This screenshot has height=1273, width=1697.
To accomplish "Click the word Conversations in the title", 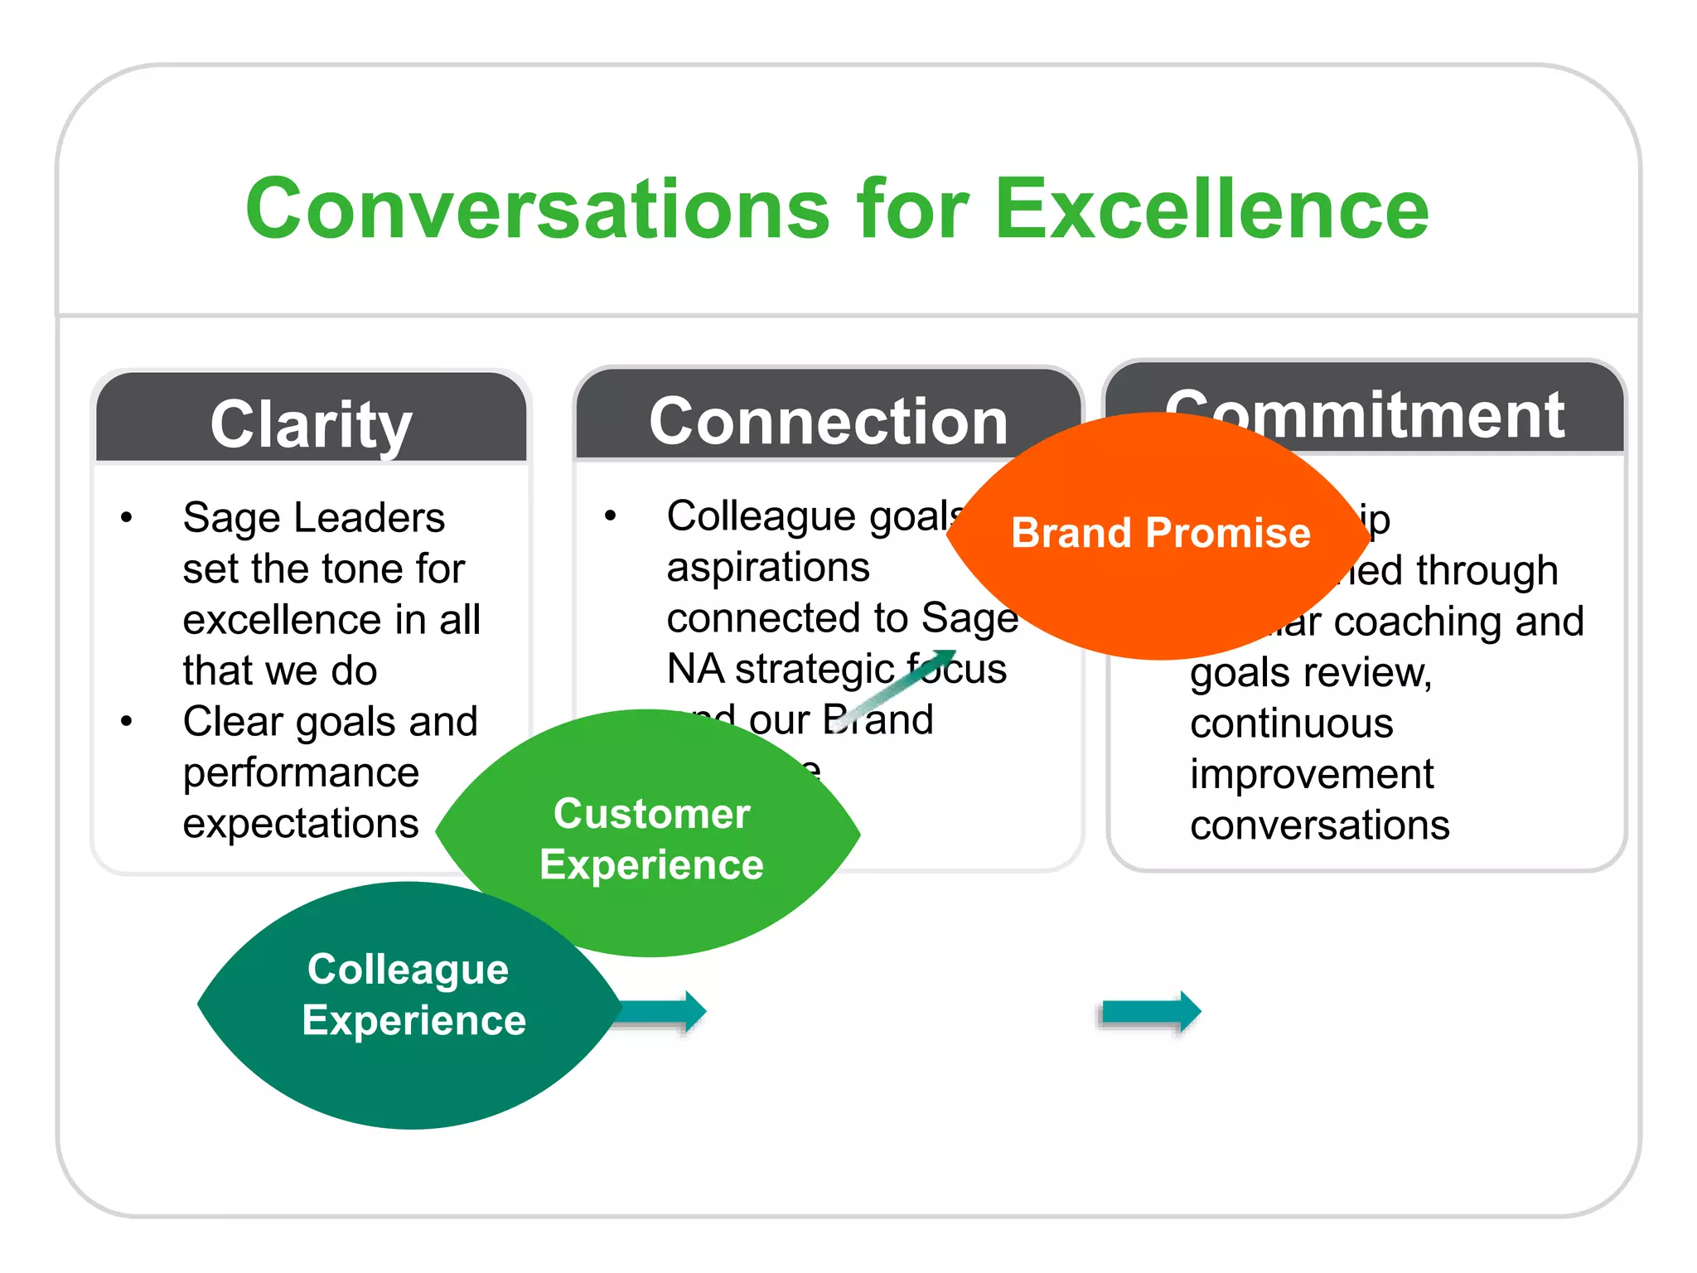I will click(537, 209).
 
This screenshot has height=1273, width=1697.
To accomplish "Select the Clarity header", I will click(311, 424).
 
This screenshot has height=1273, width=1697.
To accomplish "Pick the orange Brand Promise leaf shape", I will click(1160, 580).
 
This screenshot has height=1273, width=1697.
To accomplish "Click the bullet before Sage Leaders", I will click(127, 518).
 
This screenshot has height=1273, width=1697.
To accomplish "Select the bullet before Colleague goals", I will click(611, 515).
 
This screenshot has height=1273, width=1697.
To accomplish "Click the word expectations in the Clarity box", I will click(301, 824).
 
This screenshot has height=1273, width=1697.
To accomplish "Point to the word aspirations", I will click(768, 568).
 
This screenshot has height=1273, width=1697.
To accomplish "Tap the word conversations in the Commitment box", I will click(1319, 825).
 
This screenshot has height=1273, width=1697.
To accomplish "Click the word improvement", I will click(1311, 774).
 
